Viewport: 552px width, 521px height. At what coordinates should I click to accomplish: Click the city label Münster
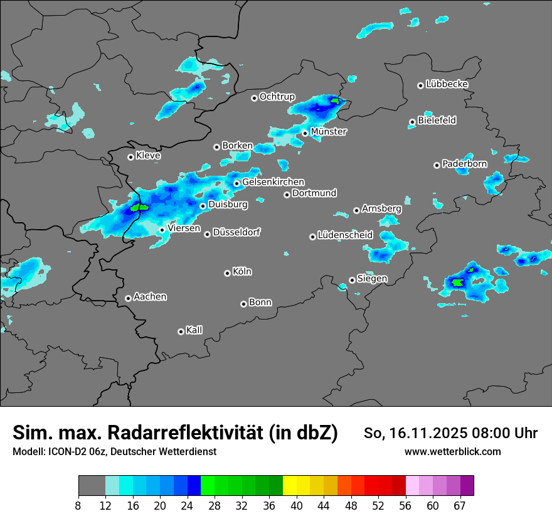(x=329, y=132)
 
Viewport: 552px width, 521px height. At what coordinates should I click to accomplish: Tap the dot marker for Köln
(x=227, y=273)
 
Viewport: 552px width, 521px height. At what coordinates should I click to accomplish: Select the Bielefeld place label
(x=437, y=121)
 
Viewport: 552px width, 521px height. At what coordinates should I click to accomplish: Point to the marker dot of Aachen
(x=128, y=298)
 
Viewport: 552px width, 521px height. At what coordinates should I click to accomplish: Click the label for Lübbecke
(x=447, y=84)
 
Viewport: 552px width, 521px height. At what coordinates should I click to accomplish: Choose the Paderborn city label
(x=464, y=164)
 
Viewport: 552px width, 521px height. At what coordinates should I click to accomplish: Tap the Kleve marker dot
(x=130, y=157)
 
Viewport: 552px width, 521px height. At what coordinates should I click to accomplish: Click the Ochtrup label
(x=277, y=97)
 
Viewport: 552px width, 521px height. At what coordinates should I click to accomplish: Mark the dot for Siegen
(x=352, y=280)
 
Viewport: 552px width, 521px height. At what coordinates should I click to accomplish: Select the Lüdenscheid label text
(x=345, y=235)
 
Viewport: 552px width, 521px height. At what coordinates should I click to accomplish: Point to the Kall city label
(x=194, y=330)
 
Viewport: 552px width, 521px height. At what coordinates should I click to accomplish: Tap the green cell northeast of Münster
(x=336, y=100)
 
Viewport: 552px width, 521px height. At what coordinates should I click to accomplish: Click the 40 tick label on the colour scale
(x=297, y=506)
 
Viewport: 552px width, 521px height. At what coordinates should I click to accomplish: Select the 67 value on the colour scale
(x=460, y=506)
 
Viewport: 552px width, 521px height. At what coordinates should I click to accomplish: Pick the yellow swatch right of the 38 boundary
(x=290, y=486)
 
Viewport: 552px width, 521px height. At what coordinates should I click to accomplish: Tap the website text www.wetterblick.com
(x=452, y=451)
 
